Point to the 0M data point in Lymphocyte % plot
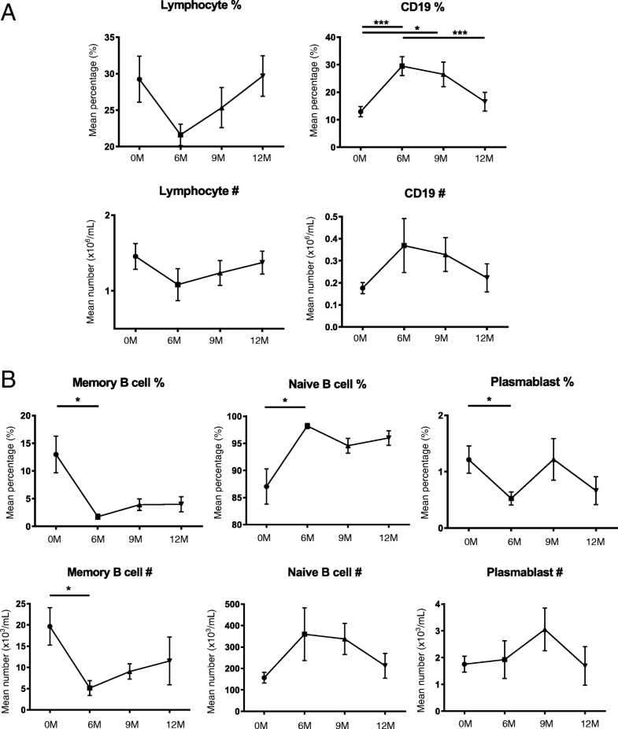(x=139, y=79)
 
